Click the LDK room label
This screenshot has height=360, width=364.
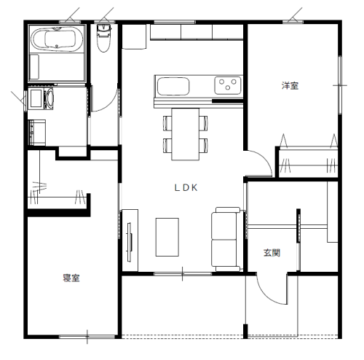[186, 187]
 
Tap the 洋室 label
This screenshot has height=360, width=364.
[290, 86]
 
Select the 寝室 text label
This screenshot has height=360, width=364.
[71, 278]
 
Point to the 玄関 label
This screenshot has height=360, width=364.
[272, 253]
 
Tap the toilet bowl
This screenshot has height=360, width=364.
[104, 38]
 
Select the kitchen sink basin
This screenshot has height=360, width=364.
[173, 87]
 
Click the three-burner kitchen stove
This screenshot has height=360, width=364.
[228, 85]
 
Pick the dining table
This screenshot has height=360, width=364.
[186, 134]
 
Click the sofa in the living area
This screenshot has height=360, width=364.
[226, 239]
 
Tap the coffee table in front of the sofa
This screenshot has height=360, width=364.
[167, 237]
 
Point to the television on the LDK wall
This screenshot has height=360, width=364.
[130, 242]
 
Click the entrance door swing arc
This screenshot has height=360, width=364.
[268, 294]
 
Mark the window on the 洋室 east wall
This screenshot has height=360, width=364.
[340, 85]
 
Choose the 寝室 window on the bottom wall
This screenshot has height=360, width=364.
[87, 337]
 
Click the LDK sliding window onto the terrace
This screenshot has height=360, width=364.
[183, 274]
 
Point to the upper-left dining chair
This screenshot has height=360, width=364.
[167, 123]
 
